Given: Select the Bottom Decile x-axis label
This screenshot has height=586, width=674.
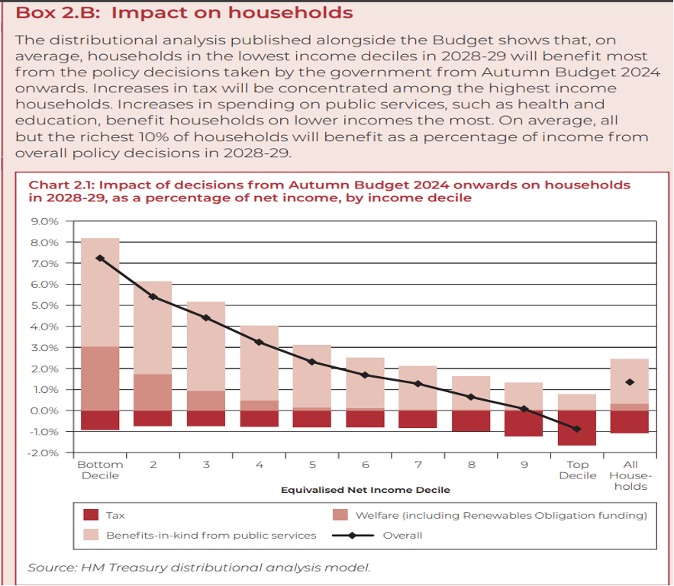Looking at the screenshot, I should click(99, 470).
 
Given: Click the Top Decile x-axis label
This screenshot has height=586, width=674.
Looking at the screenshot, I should click(578, 470).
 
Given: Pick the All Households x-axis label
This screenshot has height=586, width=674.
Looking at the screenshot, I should click(630, 475).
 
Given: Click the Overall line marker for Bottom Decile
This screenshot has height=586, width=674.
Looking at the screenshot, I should click(100, 258).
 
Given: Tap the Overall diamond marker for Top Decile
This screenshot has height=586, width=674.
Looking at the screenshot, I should click(578, 429).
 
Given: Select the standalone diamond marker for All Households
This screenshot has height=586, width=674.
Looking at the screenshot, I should click(630, 382).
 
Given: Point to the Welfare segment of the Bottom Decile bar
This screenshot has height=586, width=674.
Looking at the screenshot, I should click(100, 378).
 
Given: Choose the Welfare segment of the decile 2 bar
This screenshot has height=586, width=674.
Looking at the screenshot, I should click(153, 392).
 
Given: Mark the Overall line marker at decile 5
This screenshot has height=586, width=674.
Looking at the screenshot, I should click(312, 362).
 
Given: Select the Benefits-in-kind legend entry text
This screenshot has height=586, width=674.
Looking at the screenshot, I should click(211, 536).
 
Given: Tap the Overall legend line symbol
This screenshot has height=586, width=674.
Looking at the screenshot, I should click(352, 536).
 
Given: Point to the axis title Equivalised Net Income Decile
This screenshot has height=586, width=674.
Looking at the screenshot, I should click(365, 490).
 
